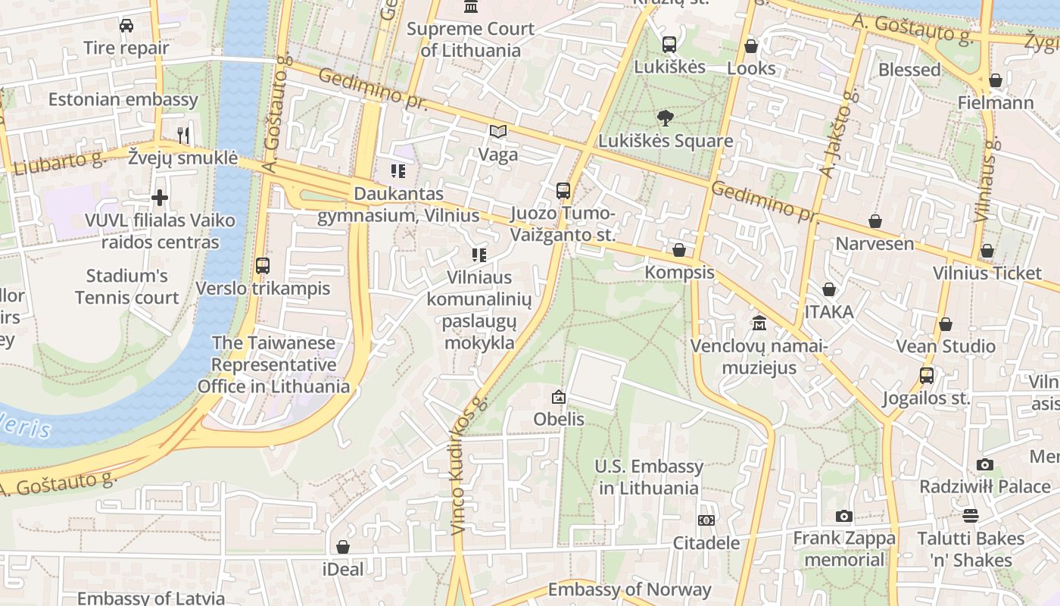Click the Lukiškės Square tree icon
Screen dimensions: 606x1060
point(666,117)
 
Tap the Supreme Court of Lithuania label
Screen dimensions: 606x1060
point(470,40)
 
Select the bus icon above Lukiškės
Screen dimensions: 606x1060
point(669,45)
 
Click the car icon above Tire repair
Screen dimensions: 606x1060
point(126,26)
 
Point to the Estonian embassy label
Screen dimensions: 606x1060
point(123,99)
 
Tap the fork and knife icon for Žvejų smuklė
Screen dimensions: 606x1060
point(182,135)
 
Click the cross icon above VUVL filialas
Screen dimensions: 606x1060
point(160,198)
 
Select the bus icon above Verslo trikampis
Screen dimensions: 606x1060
point(263,266)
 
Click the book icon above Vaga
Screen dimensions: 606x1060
point(497,132)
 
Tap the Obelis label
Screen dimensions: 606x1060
point(559,419)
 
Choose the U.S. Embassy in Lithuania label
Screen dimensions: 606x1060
point(649,477)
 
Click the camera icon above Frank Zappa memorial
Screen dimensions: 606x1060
point(844,517)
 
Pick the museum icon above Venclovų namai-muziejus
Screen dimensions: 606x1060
point(759,323)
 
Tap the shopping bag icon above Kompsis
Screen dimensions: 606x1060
point(679,250)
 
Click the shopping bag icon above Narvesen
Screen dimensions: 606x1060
point(874,221)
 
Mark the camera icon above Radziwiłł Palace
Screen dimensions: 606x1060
point(984,464)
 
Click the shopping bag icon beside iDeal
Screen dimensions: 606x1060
point(343,547)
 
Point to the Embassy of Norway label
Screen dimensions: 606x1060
point(629,589)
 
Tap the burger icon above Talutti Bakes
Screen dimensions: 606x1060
point(971,517)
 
